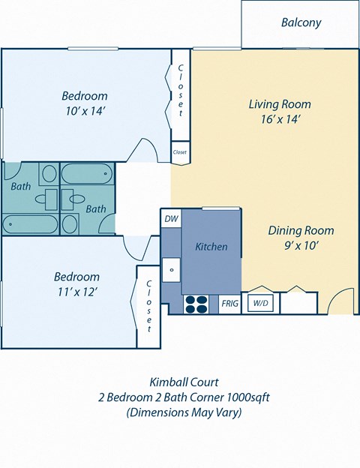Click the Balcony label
click(301, 22)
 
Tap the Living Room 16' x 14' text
click(280, 111)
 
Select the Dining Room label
click(301, 230)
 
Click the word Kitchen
click(211, 246)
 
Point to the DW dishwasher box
click(170, 218)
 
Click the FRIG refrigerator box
click(229, 304)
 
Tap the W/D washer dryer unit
click(260, 304)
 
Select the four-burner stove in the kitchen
click(196, 304)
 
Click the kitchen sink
click(172, 268)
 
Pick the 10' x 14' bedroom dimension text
click(84, 111)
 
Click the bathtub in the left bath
click(30, 224)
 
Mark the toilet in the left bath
click(48, 175)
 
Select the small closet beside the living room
click(180, 151)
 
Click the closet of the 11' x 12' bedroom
click(148, 306)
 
